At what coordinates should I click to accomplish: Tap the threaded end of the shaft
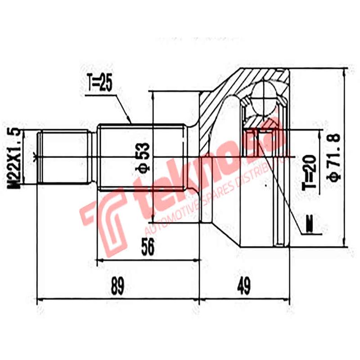63,157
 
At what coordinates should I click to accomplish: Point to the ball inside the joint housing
264,95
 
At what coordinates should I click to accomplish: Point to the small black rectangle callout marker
309,224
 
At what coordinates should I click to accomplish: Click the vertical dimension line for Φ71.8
345,157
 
